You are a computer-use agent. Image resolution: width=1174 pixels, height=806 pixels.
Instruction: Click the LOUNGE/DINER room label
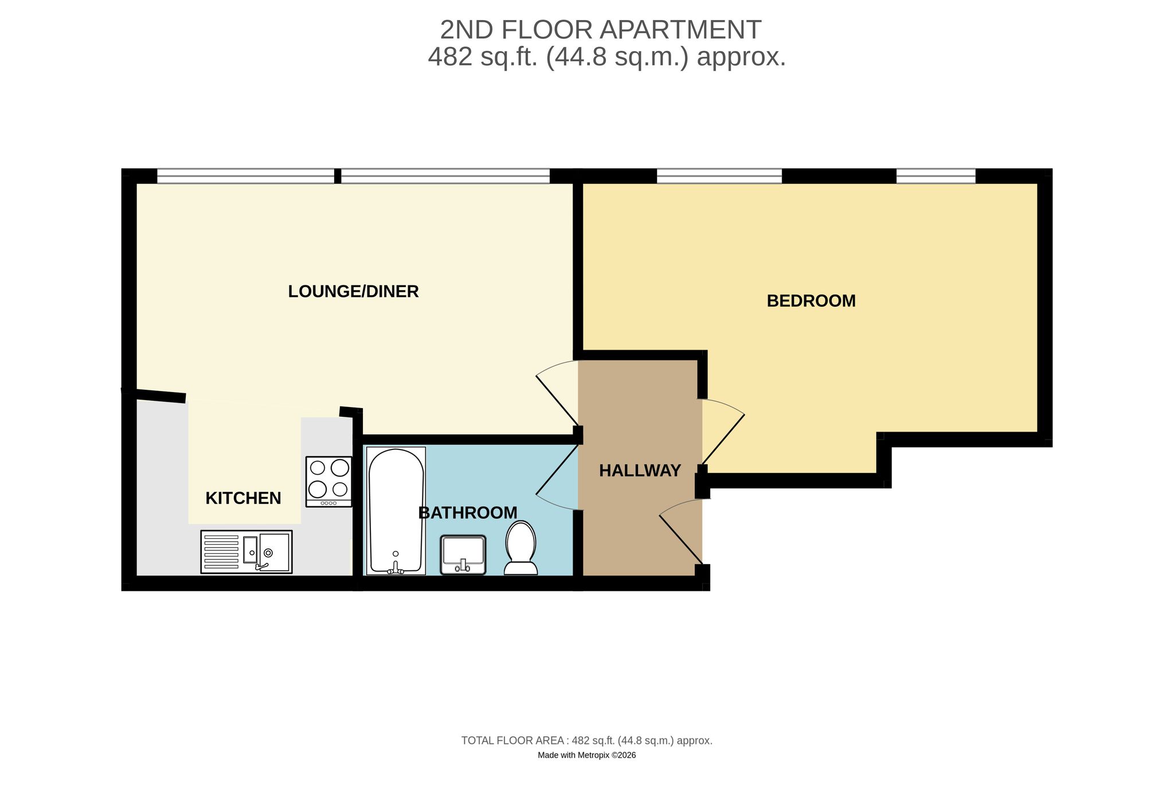[x=353, y=292]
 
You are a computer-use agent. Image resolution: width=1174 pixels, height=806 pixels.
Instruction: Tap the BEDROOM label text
[x=811, y=301]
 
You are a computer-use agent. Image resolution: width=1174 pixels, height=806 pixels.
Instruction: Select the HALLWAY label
[x=640, y=471]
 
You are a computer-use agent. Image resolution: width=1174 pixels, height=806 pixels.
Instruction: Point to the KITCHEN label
[x=243, y=498]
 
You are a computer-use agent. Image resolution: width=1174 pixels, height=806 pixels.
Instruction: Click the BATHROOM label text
[x=468, y=513]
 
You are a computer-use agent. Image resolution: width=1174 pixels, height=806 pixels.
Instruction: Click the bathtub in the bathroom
[x=396, y=511]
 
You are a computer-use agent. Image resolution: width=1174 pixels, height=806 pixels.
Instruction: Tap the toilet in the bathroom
[x=521, y=547]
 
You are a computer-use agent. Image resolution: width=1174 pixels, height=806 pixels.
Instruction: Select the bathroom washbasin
[x=463, y=555]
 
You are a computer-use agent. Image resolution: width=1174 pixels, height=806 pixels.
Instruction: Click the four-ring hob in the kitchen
[x=329, y=482]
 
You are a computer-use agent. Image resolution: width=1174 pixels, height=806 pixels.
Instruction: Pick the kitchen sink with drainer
[x=246, y=552]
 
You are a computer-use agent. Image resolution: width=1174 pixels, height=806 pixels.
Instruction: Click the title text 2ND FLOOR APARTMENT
[x=601, y=30]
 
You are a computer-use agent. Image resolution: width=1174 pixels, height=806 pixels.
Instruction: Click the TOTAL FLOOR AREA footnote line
[x=587, y=741]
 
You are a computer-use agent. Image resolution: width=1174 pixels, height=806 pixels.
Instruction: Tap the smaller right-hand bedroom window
[x=936, y=176]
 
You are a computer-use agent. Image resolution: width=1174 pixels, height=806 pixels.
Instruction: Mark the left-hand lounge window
[x=245, y=176]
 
